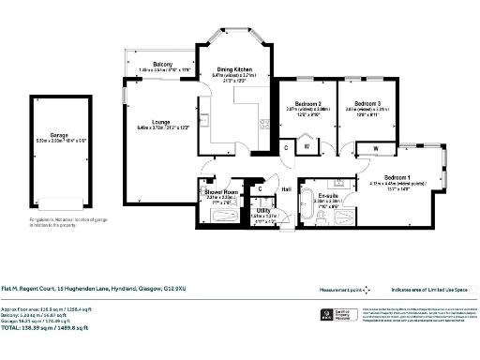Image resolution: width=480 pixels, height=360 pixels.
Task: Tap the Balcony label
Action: click(157, 64)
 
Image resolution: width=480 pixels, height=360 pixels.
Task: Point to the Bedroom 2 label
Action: click(306, 103)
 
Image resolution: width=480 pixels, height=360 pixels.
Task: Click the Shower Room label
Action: click(222, 192)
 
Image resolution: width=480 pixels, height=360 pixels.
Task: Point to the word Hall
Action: click(287, 188)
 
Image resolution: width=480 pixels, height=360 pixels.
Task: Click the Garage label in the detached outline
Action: click(60, 162)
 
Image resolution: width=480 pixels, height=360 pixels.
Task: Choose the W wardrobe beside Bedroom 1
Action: click(374, 147)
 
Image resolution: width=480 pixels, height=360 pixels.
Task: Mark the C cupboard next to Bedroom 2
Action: click(287, 147)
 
